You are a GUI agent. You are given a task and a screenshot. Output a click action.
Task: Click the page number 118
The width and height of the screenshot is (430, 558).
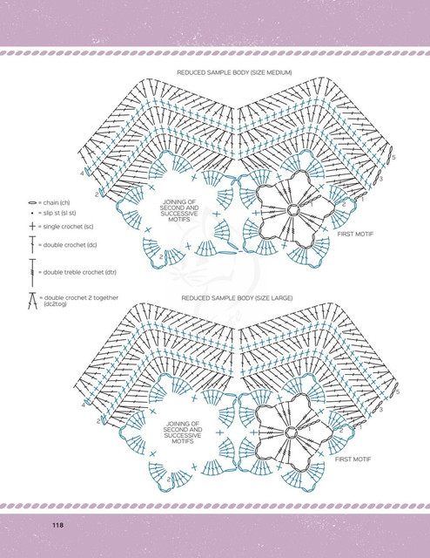[x=58, y=525]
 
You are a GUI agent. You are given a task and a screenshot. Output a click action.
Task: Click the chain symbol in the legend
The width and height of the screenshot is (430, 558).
[x=32, y=203]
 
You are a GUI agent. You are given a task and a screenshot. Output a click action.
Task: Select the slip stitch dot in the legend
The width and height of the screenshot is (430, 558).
[x=32, y=213]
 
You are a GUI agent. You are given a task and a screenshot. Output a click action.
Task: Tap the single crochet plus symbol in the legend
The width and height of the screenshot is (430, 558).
[x=32, y=227]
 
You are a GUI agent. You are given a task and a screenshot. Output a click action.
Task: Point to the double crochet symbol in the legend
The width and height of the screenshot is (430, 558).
[x=32, y=244]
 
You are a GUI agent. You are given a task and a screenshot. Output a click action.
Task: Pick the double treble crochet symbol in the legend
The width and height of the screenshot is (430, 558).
[x=32, y=273]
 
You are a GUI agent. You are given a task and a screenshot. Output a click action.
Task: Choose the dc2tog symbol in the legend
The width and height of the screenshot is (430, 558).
[x=33, y=301]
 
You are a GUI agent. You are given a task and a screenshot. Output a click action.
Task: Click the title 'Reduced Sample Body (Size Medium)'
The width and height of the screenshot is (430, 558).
[x=234, y=72]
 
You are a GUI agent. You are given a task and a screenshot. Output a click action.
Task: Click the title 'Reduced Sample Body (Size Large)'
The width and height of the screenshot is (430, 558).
[x=237, y=298]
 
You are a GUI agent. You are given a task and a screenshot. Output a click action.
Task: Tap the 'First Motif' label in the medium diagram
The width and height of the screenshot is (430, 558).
[x=355, y=234]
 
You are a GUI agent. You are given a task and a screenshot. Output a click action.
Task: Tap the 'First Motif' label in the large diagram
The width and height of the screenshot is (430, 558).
[x=353, y=459]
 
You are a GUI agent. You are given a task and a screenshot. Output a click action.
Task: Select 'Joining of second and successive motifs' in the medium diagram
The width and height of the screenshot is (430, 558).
[x=179, y=211]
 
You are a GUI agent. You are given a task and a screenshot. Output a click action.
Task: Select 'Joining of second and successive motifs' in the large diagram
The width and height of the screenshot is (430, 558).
[x=183, y=432]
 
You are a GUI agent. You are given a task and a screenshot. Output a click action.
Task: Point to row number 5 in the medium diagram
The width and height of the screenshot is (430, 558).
[x=393, y=157]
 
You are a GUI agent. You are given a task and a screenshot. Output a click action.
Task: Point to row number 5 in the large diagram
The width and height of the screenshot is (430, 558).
[x=397, y=391]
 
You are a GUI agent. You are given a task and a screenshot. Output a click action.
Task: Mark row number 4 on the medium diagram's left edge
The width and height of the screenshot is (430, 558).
[x=82, y=174]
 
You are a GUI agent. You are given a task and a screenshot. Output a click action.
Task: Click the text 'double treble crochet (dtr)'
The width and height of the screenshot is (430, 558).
[x=79, y=272]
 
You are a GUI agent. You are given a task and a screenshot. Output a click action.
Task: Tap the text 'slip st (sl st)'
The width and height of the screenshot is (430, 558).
[x=59, y=213]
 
